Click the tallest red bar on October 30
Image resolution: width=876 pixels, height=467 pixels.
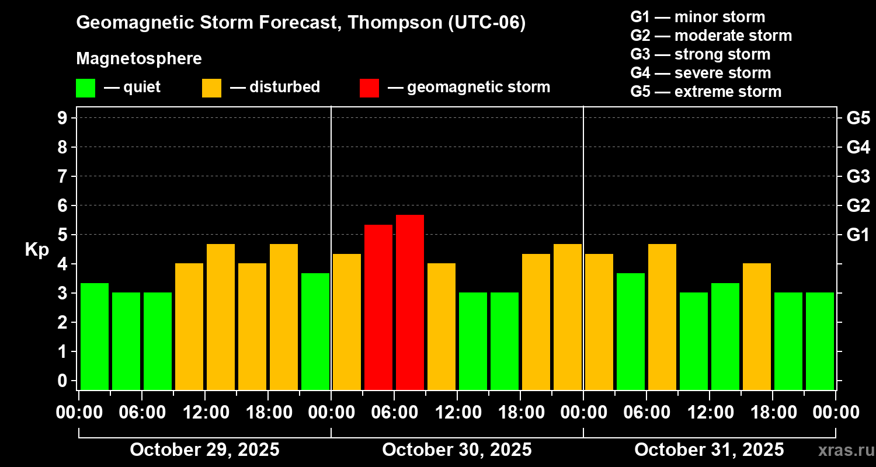pyautogui.click(x=410, y=302)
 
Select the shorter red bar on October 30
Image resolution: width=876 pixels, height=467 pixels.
pyautogui.click(x=378, y=306)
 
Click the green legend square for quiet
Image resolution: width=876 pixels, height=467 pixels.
pyautogui.click(x=85, y=88)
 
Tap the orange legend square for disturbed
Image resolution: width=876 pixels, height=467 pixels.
pyautogui.click(x=211, y=88)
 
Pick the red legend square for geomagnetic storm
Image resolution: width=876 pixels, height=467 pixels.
pyautogui.click(x=369, y=88)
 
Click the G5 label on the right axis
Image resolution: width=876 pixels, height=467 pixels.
pyautogui.click(x=858, y=118)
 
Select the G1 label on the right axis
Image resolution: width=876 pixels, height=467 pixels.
pyautogui.click(x=858, y=235)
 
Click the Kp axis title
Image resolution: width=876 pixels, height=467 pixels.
pyautogui.click(x=37, y=250)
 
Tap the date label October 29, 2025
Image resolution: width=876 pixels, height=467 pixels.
pyautogui.click(x=204, y=450)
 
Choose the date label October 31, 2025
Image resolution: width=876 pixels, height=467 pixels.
pyautogui.click(x=709, y=450)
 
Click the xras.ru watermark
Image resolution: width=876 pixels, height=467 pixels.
pyautogui.click(x=842, y=450)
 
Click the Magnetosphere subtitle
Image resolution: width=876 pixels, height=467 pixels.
pyautogui.click(x=139, y=59)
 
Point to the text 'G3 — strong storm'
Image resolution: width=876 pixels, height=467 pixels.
pyautogui.click(x=700, y=54)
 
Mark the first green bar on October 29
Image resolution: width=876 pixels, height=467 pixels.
pyautogui.click(x=95, y=336)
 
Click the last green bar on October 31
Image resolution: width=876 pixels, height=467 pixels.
pyautogui.click(x=820, y=341)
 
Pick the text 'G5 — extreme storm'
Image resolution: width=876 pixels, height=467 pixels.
pyautogui.click(x=705, y=92)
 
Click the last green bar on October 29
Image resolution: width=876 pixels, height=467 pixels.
pyautogui.click(x=315, y=331)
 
